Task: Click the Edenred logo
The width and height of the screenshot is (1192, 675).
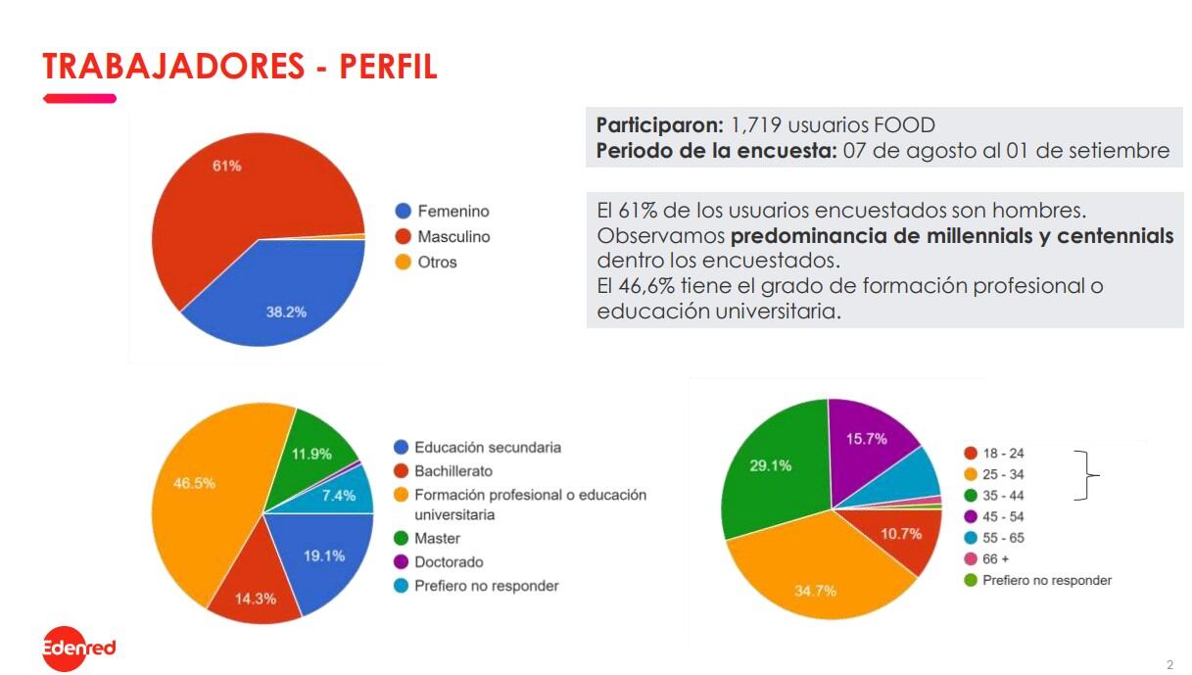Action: (x=79, y=648)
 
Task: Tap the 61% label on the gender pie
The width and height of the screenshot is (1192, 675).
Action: (x=227, y=166)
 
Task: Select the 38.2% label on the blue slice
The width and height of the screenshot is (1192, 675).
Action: (x=286, y=312)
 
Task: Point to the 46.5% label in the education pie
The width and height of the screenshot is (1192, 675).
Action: (x=194, y=483)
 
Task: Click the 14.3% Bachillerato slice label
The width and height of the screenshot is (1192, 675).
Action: (x=256, y=599)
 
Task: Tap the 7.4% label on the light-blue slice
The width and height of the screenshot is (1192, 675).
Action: (x=338, y=496)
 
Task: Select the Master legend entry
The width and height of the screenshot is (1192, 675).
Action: (x=437, y=538)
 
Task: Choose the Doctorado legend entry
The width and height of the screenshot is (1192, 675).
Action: (x=448, y=561)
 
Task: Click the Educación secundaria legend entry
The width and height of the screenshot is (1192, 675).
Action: (x=487, y=447)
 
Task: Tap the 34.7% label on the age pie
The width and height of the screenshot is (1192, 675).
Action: (x=815, y=591)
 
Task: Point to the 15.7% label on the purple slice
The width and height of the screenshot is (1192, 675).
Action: (x=866, y=438)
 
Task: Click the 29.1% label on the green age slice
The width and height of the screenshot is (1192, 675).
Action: (x=771, y=465)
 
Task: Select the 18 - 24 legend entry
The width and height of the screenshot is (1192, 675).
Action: (x=1003, y=453)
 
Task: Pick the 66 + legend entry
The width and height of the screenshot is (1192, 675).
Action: (x=996, y=558)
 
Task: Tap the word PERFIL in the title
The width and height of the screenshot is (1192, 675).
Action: (x=388, y=67)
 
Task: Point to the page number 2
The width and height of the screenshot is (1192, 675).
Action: (x=1169, y=663)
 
